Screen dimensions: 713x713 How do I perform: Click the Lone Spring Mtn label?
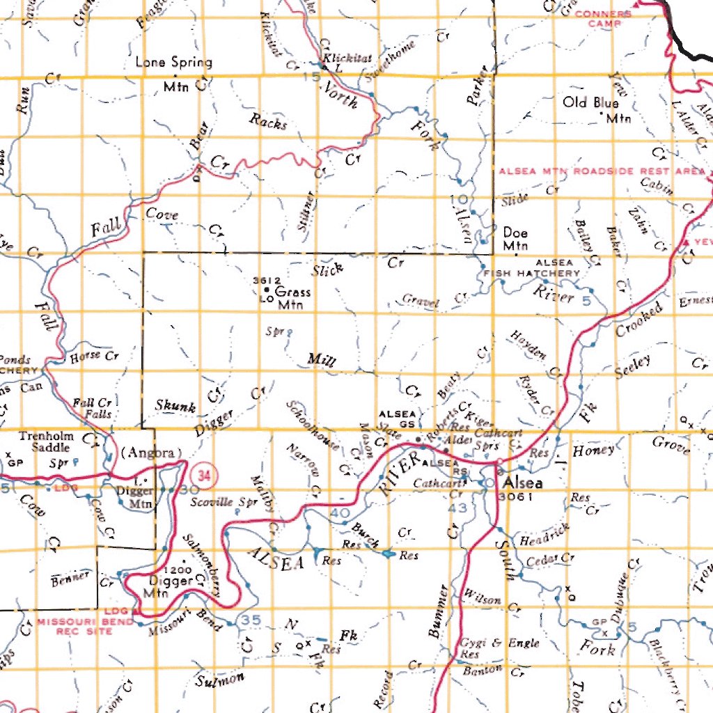tap(173, 72)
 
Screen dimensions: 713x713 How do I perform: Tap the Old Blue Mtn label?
tap(596, 109)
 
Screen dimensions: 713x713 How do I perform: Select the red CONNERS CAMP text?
tap(603, 18)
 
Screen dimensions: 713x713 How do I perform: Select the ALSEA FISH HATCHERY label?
tap(532, 268)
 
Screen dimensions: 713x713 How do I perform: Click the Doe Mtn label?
tap(515, 239)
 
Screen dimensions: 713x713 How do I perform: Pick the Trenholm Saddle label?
tap(46, 442)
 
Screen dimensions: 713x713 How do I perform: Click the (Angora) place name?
tap(151, 452)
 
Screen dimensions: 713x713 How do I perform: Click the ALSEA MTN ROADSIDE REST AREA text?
tap(602, 171)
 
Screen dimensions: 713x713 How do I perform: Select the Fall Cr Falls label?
tap(93, 408)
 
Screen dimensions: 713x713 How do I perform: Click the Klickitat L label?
tap(337, 63)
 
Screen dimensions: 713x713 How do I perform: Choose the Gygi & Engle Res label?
tap(499, 648)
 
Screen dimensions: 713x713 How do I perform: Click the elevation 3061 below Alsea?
tap(516, 496)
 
